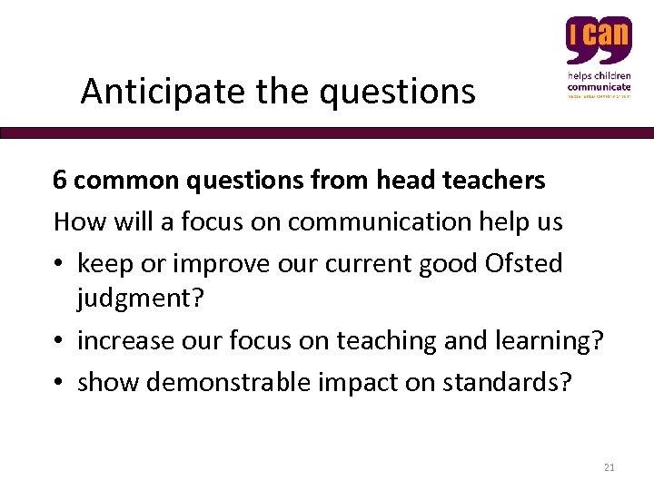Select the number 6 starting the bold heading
click(x=60, y=181)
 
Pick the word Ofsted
click(x=524, y=263)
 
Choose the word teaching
click(x=384, y=340)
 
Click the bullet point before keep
click(x=60, y=264)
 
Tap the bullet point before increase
click(x=60, y=341)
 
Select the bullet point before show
click(x=60, y=382)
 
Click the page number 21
click(x=609, y=467)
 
